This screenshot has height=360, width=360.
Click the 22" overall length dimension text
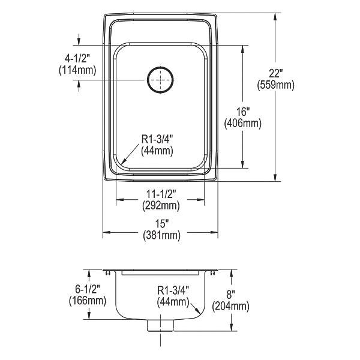275,74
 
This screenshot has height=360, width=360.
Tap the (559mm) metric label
275,85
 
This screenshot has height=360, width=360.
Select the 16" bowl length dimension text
243,112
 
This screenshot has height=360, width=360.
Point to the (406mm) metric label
243,124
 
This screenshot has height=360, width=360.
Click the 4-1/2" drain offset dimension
77,59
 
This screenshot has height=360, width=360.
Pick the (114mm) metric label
77,70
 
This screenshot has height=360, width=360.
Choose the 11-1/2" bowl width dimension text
161,194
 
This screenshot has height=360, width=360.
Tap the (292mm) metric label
161,205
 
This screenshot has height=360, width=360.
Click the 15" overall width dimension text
161,223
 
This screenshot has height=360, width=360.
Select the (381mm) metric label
161,235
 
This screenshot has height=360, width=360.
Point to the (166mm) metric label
88,301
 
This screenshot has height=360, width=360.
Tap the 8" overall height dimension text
231,295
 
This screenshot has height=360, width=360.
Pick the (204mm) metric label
230,306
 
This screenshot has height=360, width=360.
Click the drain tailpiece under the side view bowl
160,325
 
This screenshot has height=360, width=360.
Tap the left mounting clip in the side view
107,272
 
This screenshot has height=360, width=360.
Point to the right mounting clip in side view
212,272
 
